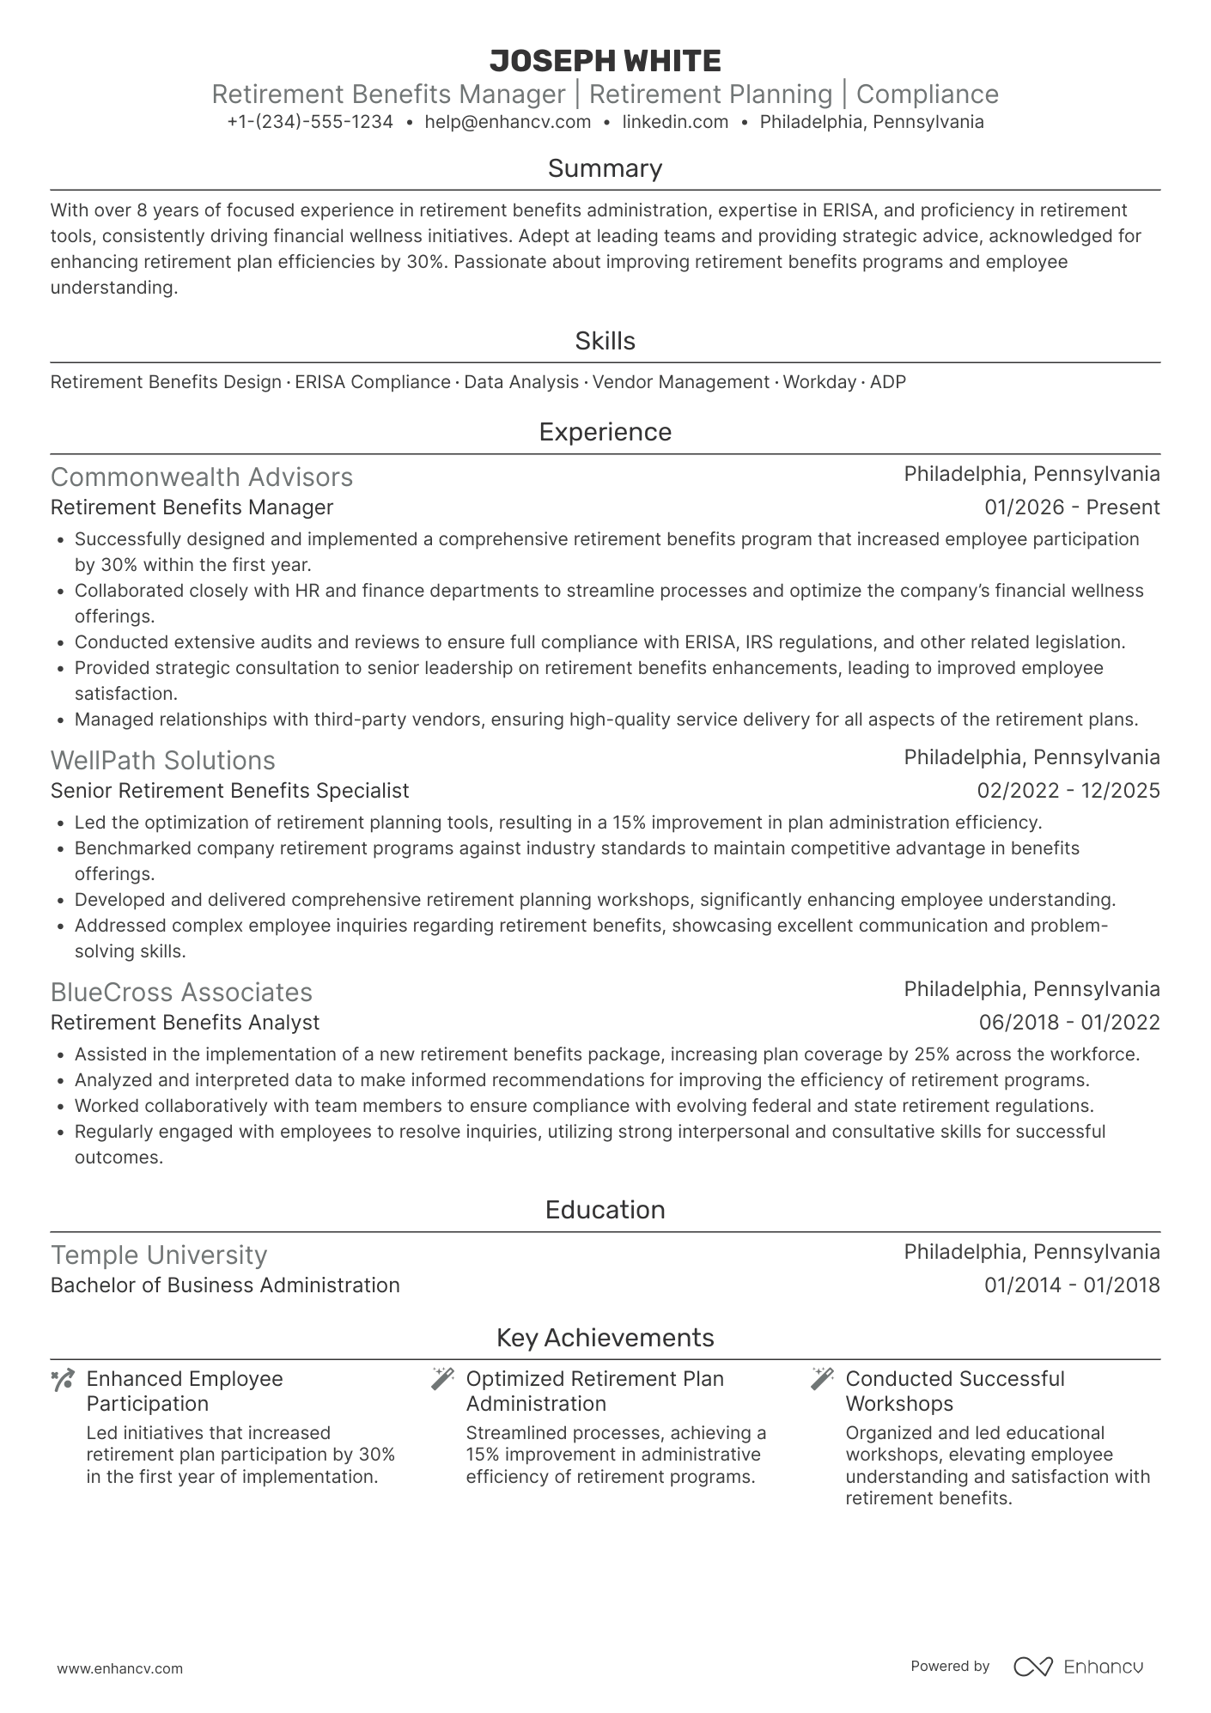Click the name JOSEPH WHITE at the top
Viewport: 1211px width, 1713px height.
click(x=605, y=61)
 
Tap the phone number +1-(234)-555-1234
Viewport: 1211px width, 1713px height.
click(x=310, y=122)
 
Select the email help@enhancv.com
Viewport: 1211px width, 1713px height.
click(x=508, y=122)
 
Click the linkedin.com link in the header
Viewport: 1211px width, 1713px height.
click(x=675, y=122)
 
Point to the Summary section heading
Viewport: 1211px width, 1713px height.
click(x=605, y=168)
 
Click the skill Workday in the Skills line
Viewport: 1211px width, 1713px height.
click(x=819, y=382)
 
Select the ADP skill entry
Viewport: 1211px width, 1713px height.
click(x=888, y=382)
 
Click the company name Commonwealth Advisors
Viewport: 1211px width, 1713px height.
click(x=202, y=477)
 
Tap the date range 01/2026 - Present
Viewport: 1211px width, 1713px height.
click(x=1072, y=507)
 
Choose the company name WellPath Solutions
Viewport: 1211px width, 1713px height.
click(x=163, y=761)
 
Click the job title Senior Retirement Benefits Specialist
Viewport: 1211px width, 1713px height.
click(x=230, y=791)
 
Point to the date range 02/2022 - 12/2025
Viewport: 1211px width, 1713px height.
click(x=1068, y=791)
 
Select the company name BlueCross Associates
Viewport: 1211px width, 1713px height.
click(x=181, y=993)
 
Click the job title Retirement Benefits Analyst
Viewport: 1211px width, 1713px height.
click(x=185, y=1023)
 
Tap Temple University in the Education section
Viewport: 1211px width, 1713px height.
click(x=159, y=1255)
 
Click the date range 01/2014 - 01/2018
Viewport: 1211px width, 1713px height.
click(x=1072, y=1285)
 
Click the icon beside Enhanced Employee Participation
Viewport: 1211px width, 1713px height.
click(x=63, y=1381)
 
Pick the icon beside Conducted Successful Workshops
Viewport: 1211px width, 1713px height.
click(x=822, y=1379)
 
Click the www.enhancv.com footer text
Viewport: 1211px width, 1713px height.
click(x=119, y=1669)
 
